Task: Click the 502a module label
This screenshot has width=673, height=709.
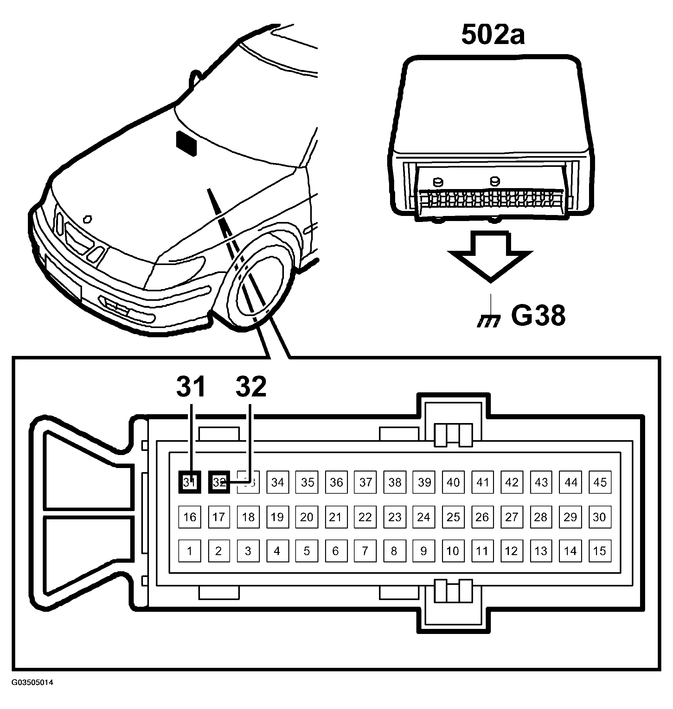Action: (x=493, y=35)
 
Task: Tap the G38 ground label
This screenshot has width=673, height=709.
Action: (x=538, y=315)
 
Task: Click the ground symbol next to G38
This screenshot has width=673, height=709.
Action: (x=489, y=321)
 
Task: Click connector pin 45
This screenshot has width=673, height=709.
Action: (x=600, y=482)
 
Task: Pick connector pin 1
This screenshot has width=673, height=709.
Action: (x=189, y=551)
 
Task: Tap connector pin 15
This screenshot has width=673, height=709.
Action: (x=600, y=551)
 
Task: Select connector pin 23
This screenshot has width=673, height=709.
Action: (x=394, y=517)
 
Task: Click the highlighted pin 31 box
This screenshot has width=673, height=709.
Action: (x=189, y=482)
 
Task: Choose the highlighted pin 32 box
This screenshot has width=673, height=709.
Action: (x=219, y=482)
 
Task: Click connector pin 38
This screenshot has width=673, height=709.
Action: (x=394, y=482)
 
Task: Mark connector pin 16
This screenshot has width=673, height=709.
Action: (x=189, y=517)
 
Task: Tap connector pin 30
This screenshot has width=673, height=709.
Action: (x=600, y=517)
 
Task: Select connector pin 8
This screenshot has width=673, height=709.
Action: (x=394, y=551)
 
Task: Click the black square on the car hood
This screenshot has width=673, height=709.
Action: (x=186, y=143)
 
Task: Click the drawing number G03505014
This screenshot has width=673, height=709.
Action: (x=32, y=682)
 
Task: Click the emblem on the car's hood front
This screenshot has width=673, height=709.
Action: (x=87, y=219)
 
